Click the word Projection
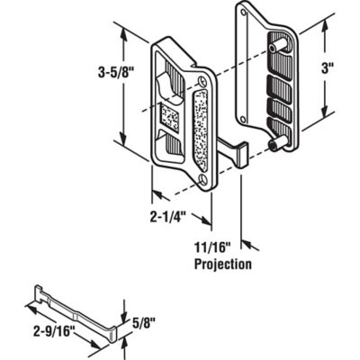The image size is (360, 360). [x=221, y=265]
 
